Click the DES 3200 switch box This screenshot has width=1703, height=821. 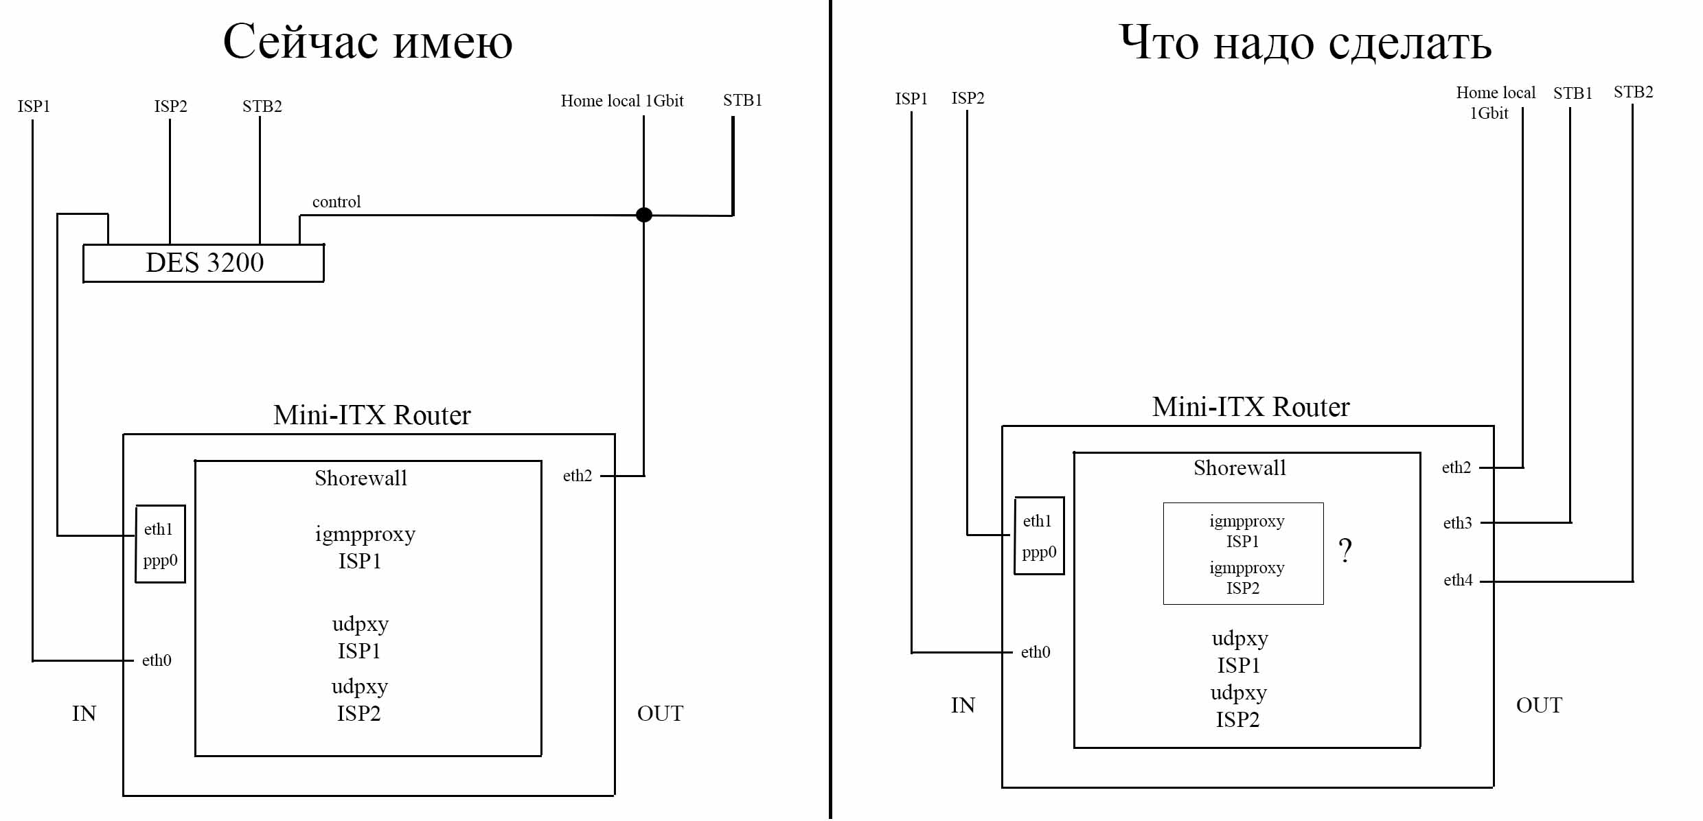[204, 263]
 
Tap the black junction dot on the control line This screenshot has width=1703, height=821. [643, 215]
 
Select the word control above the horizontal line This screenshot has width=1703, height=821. [336, 202]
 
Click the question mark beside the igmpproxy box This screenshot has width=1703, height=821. [1345, 551]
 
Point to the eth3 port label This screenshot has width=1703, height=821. [1457, 523]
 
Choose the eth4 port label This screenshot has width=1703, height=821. [1458, 580]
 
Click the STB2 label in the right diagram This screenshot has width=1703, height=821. [1633, 92]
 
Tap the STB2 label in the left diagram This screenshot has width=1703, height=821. [262, 106]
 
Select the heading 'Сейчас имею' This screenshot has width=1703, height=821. [367, 43]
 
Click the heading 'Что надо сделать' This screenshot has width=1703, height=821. [1305, 43]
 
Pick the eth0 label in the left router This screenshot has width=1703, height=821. [157, 660]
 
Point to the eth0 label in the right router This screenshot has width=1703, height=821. [1036, 652]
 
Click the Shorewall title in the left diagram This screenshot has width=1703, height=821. [361, 478]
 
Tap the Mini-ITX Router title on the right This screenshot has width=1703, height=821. [1250, 407]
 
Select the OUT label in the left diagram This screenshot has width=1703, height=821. [660, 713]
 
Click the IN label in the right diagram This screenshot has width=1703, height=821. [963, 705]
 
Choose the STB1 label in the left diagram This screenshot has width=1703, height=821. [742, 100]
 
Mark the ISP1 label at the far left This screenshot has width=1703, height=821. [34, 106]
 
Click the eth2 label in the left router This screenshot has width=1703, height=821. [577, 476]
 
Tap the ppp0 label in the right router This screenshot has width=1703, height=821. [1039, 553]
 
